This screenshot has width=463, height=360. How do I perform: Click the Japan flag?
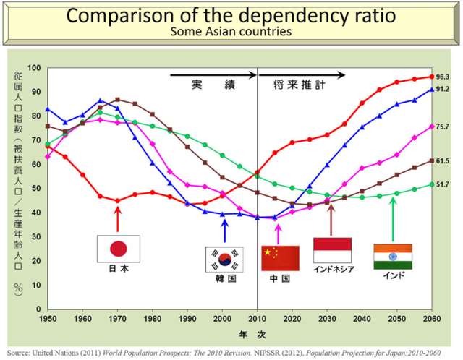point(117,248)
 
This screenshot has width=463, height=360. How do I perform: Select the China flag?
point(280,258)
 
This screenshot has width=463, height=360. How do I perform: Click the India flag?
point(393,257)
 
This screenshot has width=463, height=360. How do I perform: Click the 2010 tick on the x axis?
point(258,318)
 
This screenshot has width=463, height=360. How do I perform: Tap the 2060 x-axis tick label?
point(432,318)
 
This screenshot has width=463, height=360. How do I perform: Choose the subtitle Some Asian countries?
point(231,33)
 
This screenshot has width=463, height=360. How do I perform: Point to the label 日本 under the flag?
point(117,270)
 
